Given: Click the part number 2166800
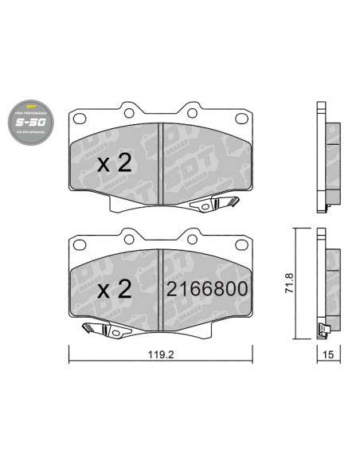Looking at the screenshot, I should (206, 290).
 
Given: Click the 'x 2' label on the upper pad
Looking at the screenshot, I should (113, 164).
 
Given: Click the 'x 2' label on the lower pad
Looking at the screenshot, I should (113, 290).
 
